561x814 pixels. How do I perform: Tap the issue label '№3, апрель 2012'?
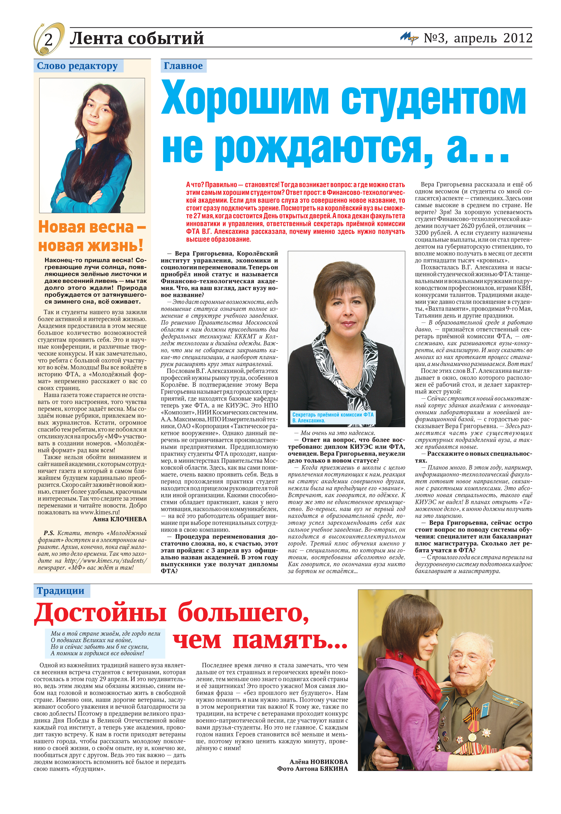click(x=478, y=38)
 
